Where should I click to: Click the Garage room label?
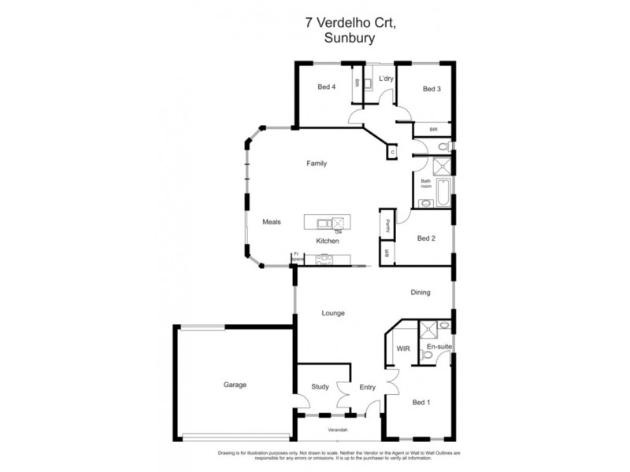coord(234,385)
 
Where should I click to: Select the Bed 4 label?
coord(327,87)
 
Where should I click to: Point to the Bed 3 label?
coord(432,89)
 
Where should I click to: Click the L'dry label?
coord(386,79)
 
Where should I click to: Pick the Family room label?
coord(317,164)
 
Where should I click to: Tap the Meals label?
coord(271,223)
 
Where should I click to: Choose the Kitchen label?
coord(328,241)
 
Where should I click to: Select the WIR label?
coord(403,348)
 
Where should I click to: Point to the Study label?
coord(319,386)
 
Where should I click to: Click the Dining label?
coord(421,293)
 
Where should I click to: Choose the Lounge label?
coord(333,313)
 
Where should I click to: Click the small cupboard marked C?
coord(392,153)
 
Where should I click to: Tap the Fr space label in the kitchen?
coord(297,256)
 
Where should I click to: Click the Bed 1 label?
coord(421,403)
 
